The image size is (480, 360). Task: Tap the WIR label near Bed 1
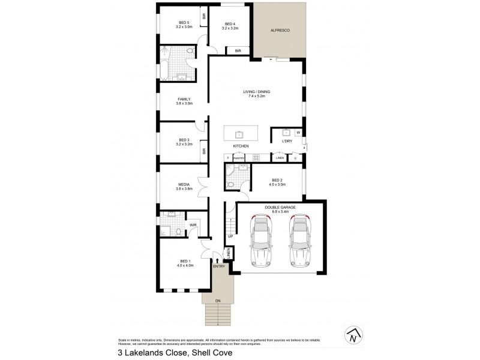point(193,226)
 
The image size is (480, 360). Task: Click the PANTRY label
point(239,158)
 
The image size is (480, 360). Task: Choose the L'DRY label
point(287,141)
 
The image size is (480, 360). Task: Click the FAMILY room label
point(184,99)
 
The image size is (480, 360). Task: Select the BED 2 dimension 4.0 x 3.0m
point(277,184)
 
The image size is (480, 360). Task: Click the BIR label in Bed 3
point(204,151)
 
